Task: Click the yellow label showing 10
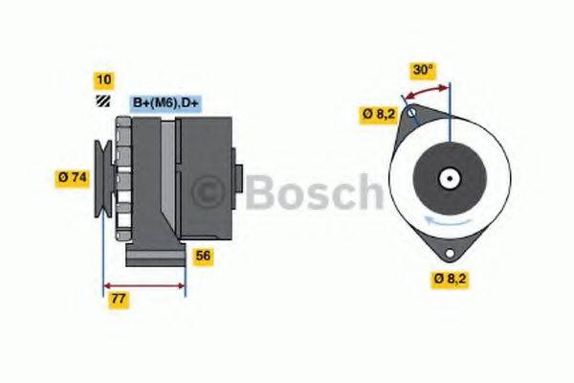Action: coord(103,79)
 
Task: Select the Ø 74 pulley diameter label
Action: coord(73,177)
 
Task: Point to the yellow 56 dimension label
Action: coord(203,256)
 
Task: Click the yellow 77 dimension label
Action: coord(119,300)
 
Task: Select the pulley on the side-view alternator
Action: coord(101,178)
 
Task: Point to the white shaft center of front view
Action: coord(448,178)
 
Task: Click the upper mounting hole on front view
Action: coord(411,115)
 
